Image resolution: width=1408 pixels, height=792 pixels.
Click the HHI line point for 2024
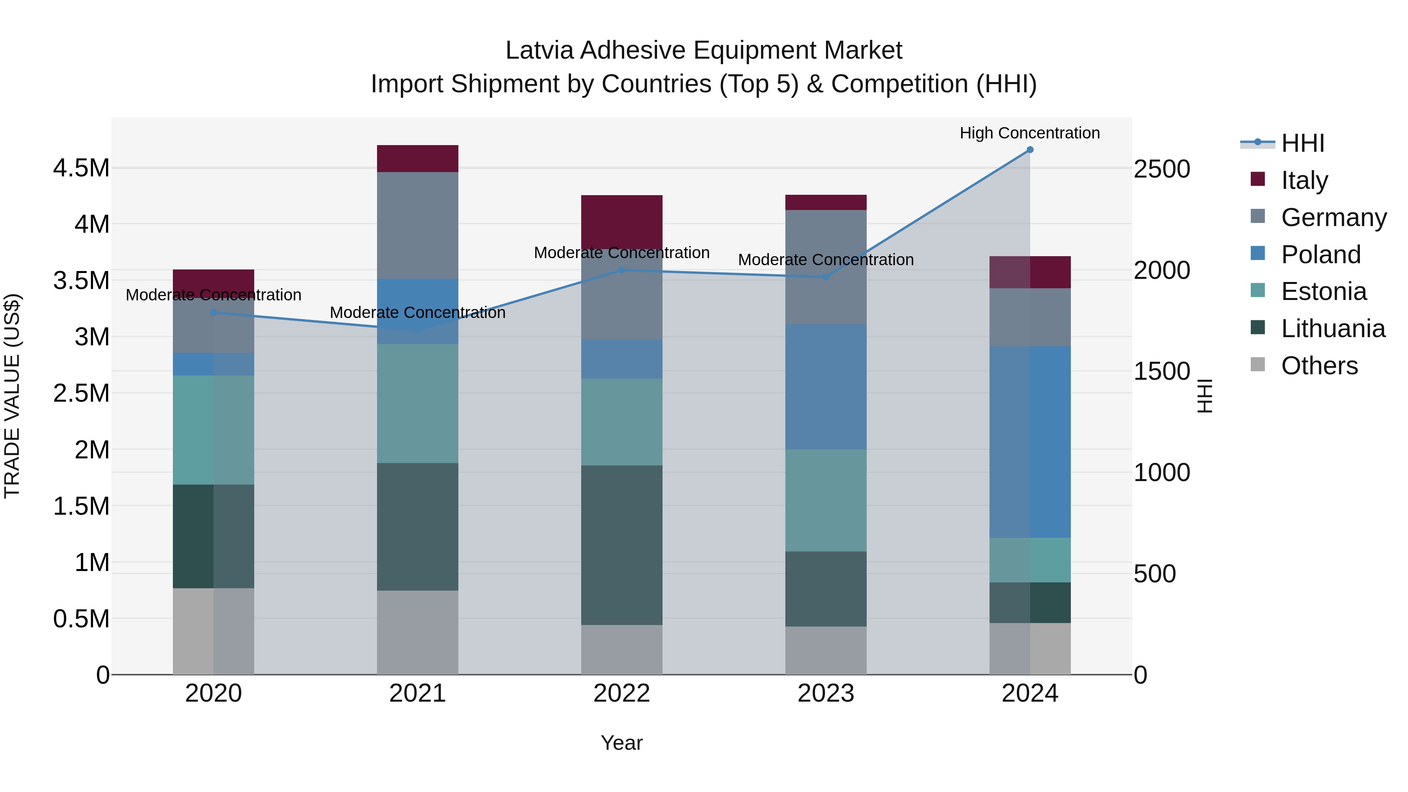coord(1030,150)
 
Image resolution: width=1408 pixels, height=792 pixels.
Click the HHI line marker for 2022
coord(621,270)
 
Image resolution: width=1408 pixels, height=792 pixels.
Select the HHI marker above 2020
coord(214,312)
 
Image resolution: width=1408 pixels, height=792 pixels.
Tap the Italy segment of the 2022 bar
coord(621,221)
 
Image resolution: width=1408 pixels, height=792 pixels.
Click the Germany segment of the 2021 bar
coord(418,225)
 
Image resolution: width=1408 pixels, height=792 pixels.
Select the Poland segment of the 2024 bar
coord(1030,442)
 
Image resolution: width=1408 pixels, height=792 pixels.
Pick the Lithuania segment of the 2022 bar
coord(621,545)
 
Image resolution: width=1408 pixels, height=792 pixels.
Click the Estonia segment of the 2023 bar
coord(826,500)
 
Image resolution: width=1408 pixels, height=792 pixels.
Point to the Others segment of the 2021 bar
coord(418,632)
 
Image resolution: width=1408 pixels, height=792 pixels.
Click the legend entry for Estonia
coord(1323,291)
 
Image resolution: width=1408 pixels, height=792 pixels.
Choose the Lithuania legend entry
coord(1333,329)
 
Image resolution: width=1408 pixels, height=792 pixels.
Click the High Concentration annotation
coord(1030,133)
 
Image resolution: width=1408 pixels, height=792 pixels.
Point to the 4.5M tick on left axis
coord(81,168)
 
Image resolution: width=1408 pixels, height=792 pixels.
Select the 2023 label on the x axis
coord(826,693)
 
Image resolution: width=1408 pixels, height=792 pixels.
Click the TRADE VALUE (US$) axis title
coord(12,396)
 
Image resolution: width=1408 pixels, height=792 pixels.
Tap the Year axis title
coord(621,743)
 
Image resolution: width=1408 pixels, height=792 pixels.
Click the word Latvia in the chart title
coord(539,50)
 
